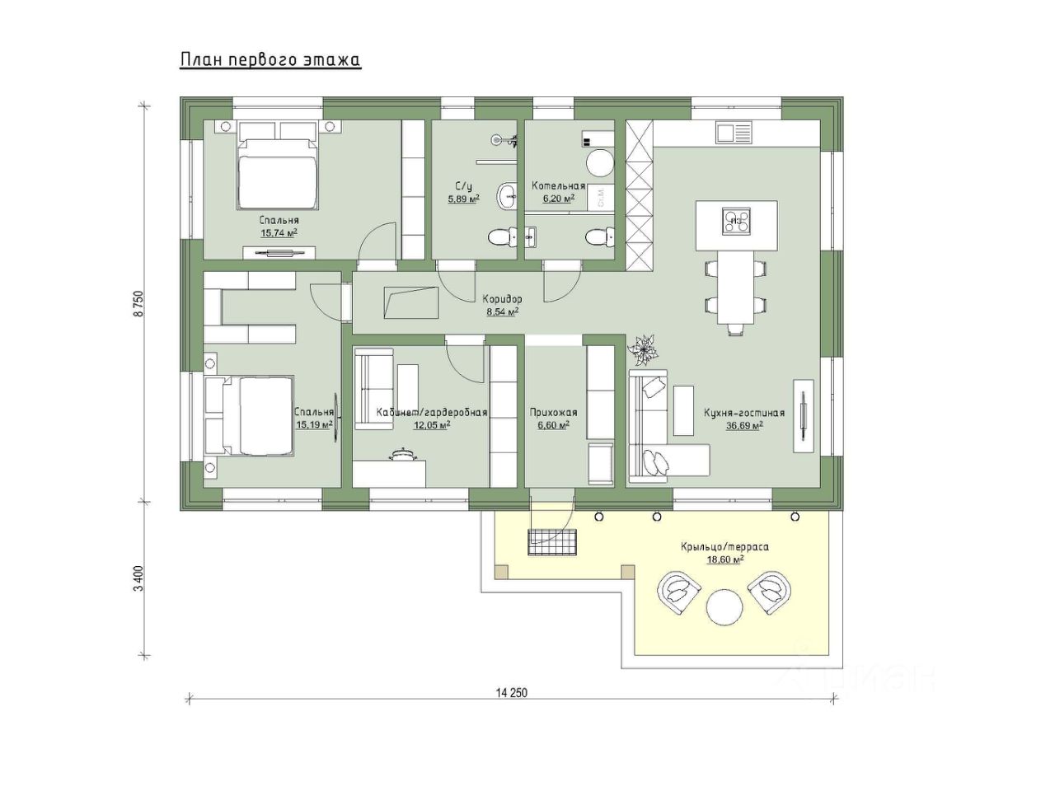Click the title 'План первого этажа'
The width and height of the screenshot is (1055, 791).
[270, 60]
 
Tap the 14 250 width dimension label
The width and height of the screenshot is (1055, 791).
[511, 692]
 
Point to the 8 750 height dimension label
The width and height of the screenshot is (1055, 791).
[139, 303]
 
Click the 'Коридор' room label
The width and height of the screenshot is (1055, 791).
[502, 299]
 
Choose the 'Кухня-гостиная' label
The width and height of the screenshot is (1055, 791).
[744, 413]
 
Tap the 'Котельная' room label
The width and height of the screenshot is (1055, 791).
[558, 186]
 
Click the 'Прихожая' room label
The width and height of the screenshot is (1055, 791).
[553, 412]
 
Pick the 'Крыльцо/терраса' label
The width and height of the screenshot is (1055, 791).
[724, 546]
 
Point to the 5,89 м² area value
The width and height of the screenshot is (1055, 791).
[464, 199]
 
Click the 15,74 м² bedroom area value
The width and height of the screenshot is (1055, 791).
[279, 233]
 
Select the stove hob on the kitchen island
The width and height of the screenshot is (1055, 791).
[735, 221]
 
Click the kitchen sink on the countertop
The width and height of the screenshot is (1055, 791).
[734, 132]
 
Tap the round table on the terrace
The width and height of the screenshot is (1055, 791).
[724, 607]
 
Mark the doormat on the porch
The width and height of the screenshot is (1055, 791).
[551, 542]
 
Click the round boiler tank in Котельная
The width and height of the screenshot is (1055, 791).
[599, 163]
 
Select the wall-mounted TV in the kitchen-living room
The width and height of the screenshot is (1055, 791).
[803, 415]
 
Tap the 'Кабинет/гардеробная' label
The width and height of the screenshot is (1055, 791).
[432, 412]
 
